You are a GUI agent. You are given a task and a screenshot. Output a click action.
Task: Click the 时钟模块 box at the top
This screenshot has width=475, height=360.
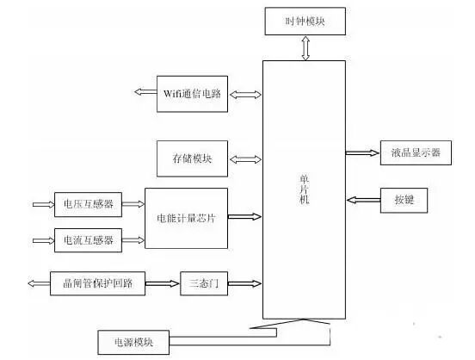pos(306,21)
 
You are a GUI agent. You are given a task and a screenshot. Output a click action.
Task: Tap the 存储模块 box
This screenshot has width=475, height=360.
pos(191,158)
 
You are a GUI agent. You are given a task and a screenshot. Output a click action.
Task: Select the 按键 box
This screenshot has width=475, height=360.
pos(403,201)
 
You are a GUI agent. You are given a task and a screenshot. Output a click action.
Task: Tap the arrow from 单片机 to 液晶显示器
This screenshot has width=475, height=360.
pos(361,152)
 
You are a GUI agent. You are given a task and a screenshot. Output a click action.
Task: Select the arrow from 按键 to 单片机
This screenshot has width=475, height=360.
pos(362,201)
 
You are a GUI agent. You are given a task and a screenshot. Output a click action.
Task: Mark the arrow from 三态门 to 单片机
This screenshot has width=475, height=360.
pos(245,282)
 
